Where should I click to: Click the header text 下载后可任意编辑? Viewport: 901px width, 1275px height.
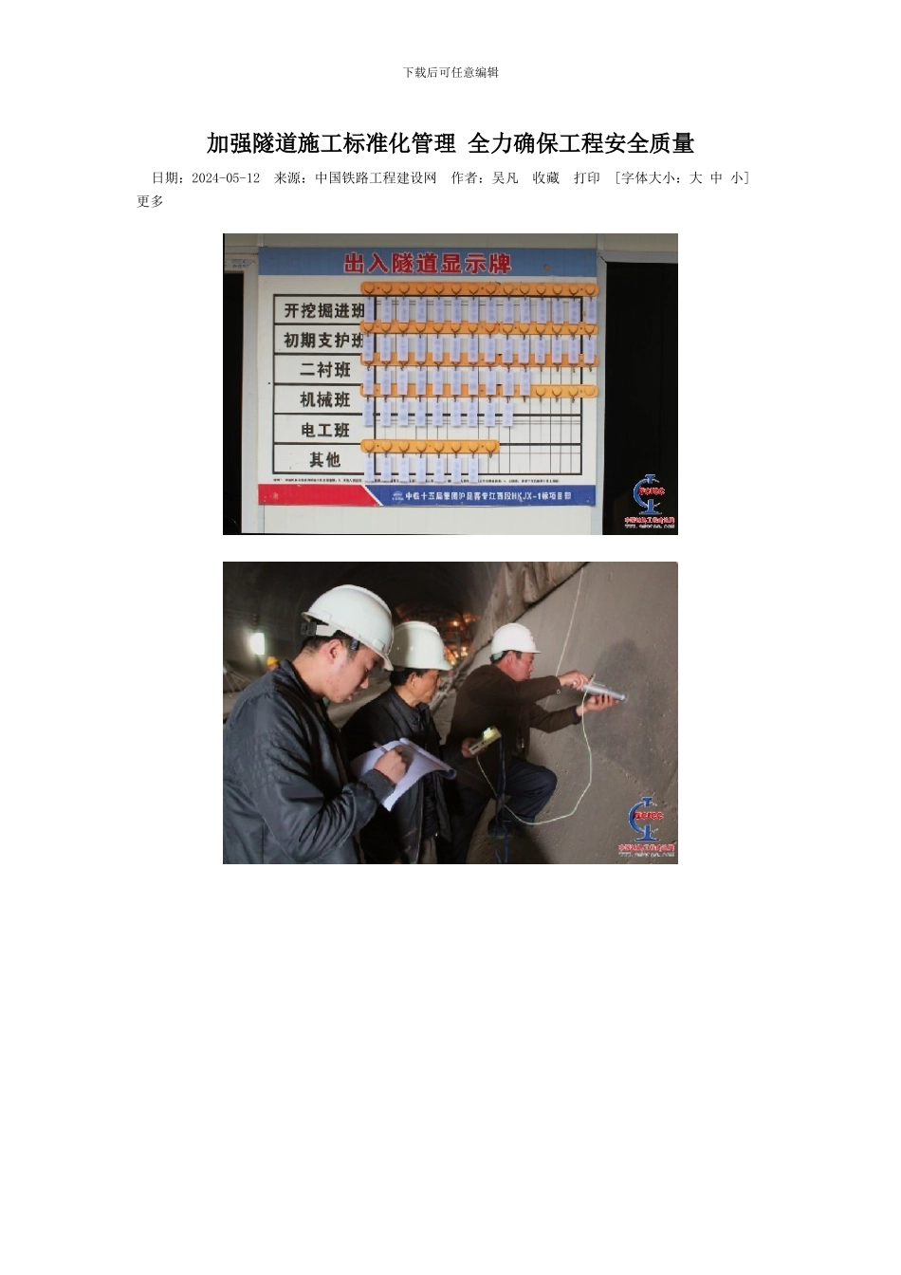tap(450, 72)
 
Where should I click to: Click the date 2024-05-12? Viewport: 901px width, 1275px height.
tap(226, 178)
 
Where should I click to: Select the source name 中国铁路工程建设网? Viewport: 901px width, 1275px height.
tap(376, 178)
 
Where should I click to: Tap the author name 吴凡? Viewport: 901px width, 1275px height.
tap(506, 178)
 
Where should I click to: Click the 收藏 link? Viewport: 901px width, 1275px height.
tap(545, 178)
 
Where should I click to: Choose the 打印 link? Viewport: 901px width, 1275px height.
tap(587, 178)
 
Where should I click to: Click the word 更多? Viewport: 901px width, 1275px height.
tap(150, 201)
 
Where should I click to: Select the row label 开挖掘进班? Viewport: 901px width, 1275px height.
tap(323, 310)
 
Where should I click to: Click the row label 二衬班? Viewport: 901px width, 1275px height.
tap(324, 370)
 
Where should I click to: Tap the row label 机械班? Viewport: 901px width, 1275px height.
tap(324, 399)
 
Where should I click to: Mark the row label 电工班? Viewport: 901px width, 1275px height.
tap(324, 430)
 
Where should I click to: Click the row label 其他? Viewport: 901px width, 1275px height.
tap(324, 460)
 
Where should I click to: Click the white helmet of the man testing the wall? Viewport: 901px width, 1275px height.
tap(515, 640)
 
